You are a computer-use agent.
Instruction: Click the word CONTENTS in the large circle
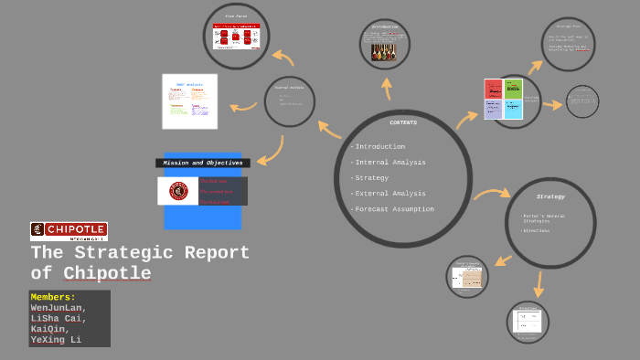[x=403, y=122]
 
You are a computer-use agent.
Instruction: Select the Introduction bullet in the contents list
[x=379, y=146]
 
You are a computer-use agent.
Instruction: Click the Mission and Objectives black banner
[x=202, y=163]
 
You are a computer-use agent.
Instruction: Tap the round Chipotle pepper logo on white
[x=178, y=191]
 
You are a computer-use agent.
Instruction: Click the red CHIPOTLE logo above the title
[x=69, y=230]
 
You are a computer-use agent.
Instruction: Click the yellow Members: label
[x=53, y=297]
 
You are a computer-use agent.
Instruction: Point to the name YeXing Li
[x=56, y=340]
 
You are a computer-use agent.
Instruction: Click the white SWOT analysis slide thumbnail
[x=190, y=101]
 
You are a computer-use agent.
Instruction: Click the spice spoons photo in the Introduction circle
[x=384, y=51]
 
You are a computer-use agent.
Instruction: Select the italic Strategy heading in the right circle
[x=550, y=196]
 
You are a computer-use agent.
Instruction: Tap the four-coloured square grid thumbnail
[x=504, y=99]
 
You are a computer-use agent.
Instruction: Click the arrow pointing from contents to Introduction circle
[x=386, y=89]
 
